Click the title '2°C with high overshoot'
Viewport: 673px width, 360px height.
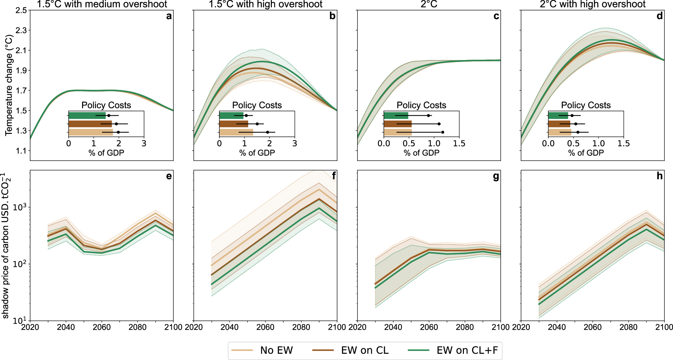593,4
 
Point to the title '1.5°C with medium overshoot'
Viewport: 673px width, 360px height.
102,4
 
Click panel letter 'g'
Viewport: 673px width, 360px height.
496,176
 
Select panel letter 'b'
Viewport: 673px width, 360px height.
332,16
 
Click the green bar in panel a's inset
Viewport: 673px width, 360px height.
87,116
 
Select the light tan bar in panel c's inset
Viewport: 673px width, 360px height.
398,132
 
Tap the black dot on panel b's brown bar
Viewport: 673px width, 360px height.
257,124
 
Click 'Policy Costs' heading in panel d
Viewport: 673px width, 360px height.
586,105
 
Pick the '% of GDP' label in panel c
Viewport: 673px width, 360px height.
421,153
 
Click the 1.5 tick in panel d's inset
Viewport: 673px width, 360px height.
623,143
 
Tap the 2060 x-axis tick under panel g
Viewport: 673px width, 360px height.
429,327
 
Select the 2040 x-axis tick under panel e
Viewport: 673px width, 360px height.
66,327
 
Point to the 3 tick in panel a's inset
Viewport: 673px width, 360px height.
144,143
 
